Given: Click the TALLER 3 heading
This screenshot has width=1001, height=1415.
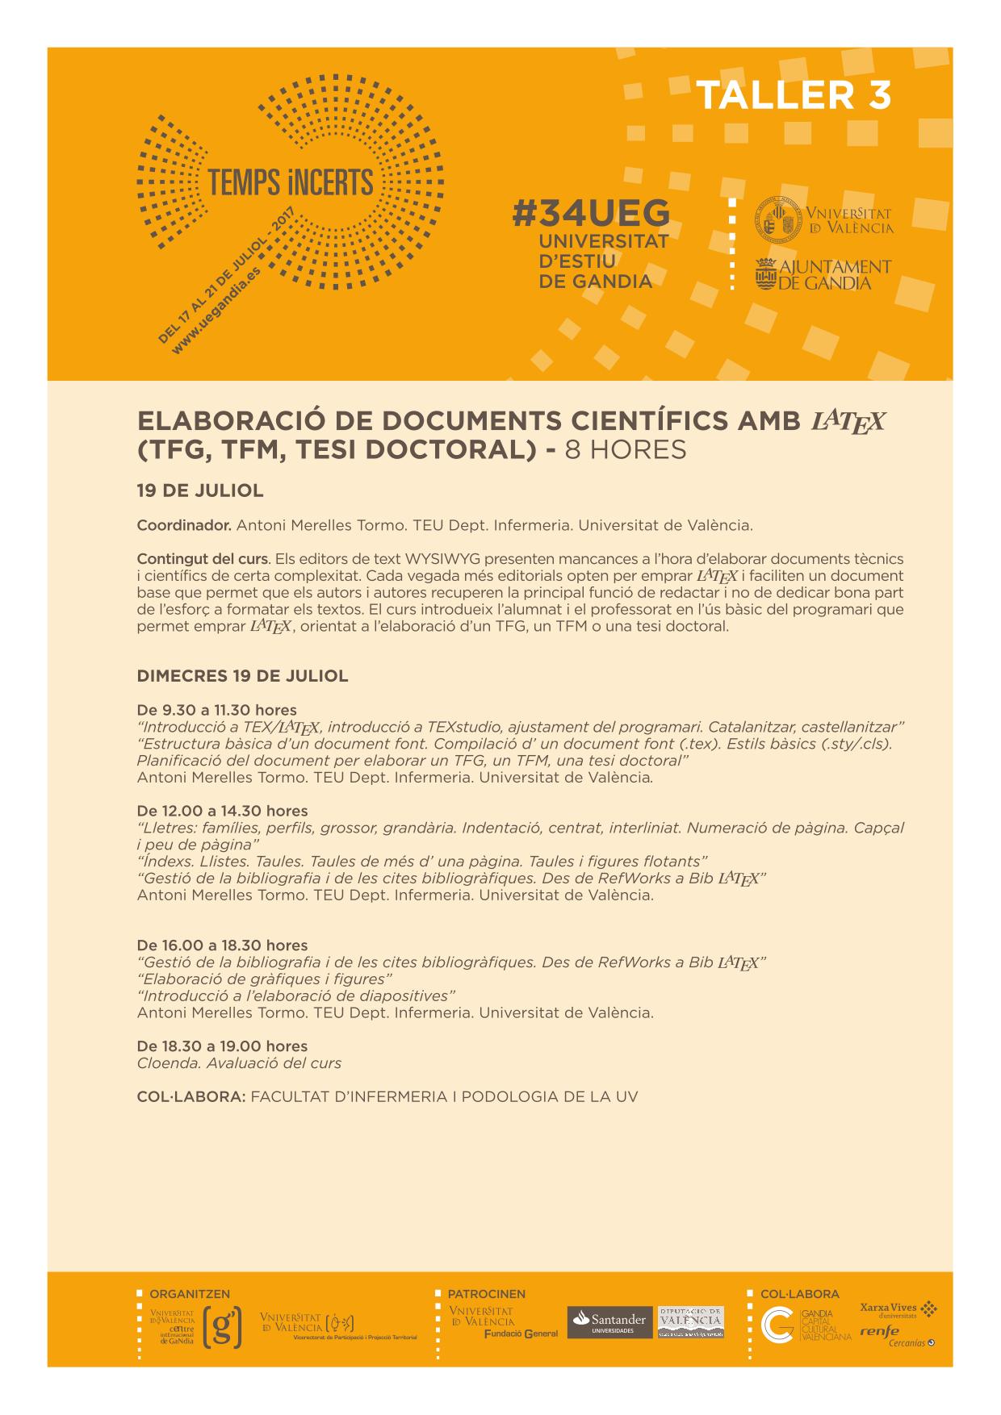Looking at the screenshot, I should pos(793,96).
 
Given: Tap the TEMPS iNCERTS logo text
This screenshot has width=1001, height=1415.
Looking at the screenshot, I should pos(291,183).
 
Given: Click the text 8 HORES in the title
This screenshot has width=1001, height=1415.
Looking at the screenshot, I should pos(626,450).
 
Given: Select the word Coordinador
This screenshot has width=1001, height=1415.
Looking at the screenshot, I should pos(184,525).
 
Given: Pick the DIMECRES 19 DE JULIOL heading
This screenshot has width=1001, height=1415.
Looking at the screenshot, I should pos(242,676).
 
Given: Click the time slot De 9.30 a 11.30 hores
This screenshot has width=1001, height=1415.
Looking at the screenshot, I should pos(216,710).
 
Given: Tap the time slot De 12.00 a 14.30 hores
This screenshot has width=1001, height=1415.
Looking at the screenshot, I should pos(222,811).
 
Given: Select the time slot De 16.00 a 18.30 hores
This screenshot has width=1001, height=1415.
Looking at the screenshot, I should pos(222,945).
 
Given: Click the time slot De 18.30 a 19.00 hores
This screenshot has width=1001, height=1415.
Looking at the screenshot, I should pos(222,1046).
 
